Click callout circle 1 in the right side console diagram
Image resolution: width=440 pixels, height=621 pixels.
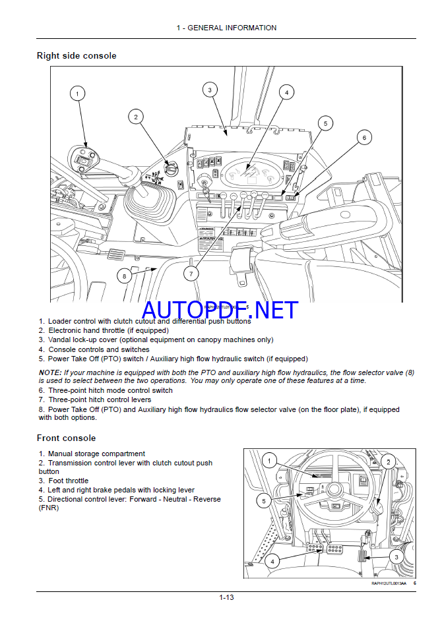click(x=77, y=94)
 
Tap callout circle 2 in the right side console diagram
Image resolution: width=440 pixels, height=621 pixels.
click(x=135, y=117)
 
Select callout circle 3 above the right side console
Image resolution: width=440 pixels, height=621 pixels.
click(x=209, y=90)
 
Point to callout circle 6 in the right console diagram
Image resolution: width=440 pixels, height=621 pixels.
click(x=364, y=137)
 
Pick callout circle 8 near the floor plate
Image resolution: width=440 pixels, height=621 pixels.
click(x=124, y=276)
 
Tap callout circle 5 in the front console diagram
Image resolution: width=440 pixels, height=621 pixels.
click(x=264, y=501)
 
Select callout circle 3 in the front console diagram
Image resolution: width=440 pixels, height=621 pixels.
click(x=396, y=557)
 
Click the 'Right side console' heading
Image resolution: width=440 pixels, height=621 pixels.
click(x=77, y=56)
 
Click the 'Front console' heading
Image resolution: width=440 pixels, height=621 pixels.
click(x=66, y=438)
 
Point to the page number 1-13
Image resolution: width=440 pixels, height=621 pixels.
click(x=227, y=598)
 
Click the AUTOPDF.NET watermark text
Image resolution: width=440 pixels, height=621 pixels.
click(x=210, y=309)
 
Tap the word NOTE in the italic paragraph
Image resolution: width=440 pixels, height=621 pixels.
click(x=50, y=372)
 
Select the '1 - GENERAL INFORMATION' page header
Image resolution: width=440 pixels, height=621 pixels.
click(x=226, y=28)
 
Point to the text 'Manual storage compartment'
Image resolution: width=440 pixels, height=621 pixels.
click(x=96, y=454)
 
